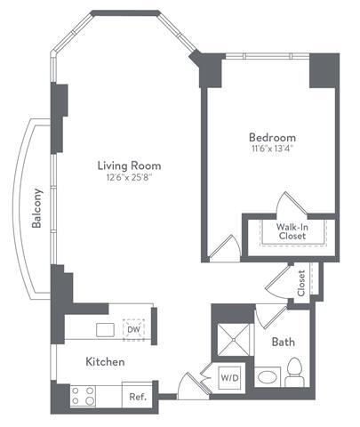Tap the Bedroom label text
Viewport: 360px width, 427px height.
[x=271, y=138]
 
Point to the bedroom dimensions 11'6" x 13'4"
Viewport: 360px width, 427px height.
[x=271, y=149]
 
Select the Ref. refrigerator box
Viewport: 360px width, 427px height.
[x=138, y=397]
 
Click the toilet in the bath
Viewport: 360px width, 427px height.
[x=295, y=369]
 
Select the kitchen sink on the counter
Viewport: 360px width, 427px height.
[x=105, y=329]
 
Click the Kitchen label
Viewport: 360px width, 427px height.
[x=104, y=362]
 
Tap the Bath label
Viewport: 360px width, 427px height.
[x=284, y=341]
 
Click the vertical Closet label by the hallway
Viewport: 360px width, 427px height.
[x=301, y=282]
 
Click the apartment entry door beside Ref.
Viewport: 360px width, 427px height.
[x=188, y=387]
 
